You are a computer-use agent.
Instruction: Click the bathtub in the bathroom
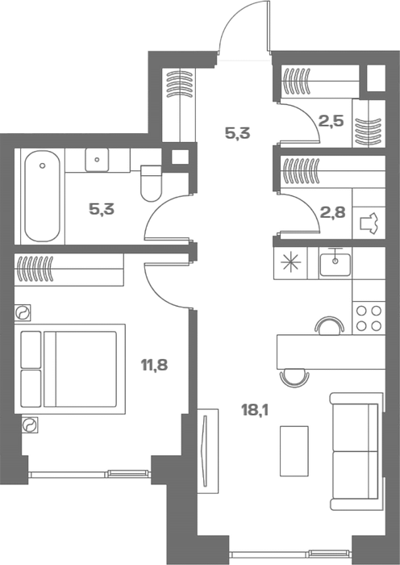[42, 196]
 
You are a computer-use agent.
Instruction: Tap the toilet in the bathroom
[151, 183]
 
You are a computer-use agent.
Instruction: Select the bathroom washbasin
[97, 160]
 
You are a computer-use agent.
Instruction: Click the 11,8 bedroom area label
[155, 366]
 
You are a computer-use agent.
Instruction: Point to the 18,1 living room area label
[255, 410]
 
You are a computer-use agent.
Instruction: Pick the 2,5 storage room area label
[331, 121]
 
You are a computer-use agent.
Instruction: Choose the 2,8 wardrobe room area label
[333, 212]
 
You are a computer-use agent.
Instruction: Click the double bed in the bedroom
[69, 369]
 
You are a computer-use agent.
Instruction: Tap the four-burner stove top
[369, 318]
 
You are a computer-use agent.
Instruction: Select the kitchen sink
[335, 264]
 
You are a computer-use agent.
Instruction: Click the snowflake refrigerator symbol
[290, 262]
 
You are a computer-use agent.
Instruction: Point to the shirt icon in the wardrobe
[369, 224]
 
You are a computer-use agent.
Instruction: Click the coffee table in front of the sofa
[294, 450]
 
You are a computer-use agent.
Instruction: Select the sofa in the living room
[356, 451]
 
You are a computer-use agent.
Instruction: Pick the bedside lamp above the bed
[23, 312]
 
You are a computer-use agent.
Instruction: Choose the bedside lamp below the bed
[30, 425]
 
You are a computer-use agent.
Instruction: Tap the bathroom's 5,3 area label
[102, 209]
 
